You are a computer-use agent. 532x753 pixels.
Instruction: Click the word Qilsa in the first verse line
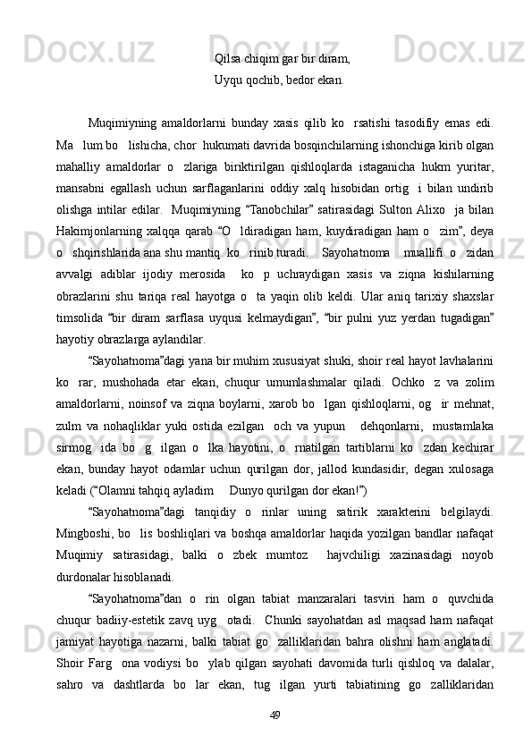click(228, 59)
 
